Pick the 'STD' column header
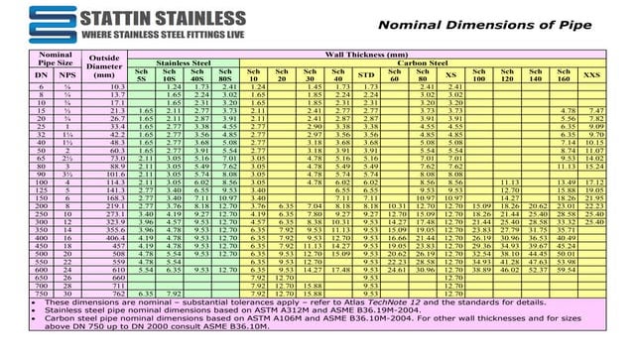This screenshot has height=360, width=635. click(x=366, y=75)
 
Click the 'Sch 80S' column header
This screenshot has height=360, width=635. click(x=230, y=75)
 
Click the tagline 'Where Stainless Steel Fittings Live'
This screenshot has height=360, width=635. click(x=150, y=35)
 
